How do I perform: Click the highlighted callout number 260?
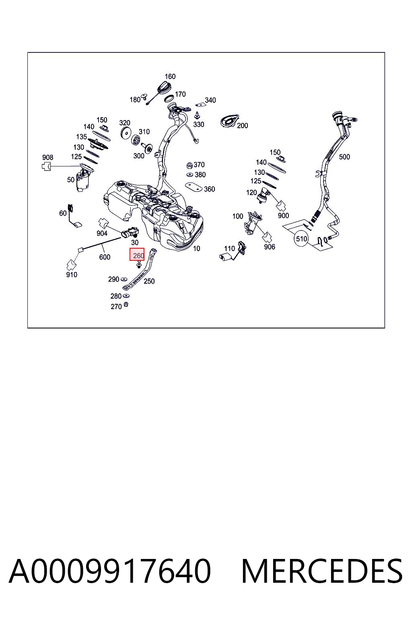[x=138, y=255]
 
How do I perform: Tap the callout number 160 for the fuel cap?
[x=170, y=76]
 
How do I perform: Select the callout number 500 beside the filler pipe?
[x=344, y=157]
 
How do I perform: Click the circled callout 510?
[x=301, y=239]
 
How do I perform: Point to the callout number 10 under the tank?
[x=196, y=248]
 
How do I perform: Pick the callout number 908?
[x=48, y=157]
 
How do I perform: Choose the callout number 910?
[x=72, y=274]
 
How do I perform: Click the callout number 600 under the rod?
[x=105, y=257]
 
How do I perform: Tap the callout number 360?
[x=210, y=189]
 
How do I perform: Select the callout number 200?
[x=243, y=125]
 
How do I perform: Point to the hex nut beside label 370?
[x=190, y=165]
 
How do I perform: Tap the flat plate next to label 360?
[x=194, y=187]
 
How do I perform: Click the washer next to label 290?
[x=124, y=279]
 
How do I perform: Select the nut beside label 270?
[x=126, y=305]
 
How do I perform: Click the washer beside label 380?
[x=190, y=174]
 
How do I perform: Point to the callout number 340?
[x=210, y=100]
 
